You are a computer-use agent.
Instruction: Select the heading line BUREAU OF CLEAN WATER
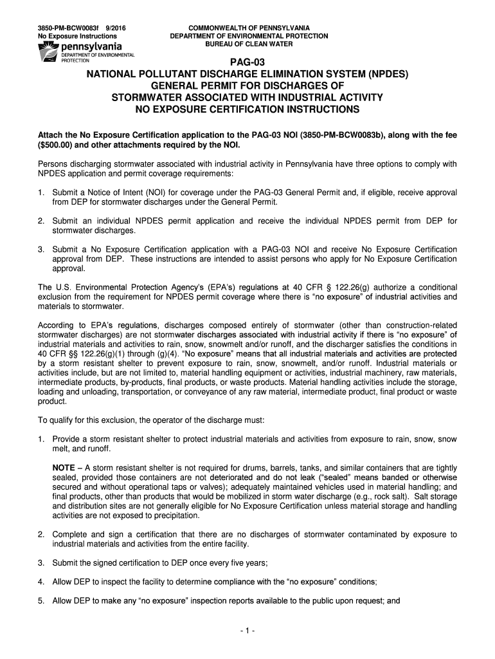tap(248, 45)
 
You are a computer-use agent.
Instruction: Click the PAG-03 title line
tap(248, 62)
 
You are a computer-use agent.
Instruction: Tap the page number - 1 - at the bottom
tap(248, 631)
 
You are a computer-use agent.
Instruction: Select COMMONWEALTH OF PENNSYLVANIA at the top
tap(248, 28)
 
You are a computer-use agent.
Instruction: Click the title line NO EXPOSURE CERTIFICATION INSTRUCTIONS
tap(248, 109)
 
